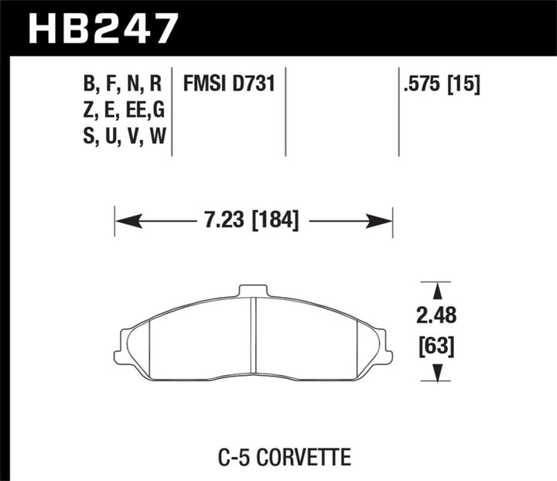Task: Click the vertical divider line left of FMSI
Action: pyautogui.click(x=171, y=112)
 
